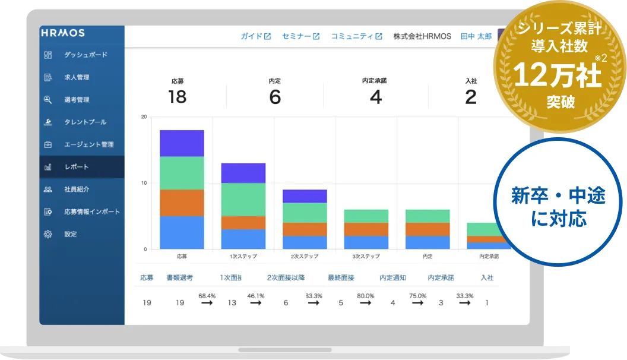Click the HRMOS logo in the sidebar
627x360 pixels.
click(63, 33)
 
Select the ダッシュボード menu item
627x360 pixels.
click(85, 55)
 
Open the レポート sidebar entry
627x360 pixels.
click(77, 167)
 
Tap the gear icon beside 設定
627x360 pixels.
click(48, 234)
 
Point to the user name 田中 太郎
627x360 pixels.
click(476, 36)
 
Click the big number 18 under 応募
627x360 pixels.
click(177, 97)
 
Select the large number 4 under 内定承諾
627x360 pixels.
click(375, 97)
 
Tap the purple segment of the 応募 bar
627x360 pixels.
click(182, 143)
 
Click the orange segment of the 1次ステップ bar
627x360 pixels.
click(243, 223)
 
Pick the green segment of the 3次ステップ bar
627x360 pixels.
click(366, 216)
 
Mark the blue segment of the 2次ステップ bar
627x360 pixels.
click(305, 242)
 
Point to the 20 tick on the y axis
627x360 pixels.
click(144, 117)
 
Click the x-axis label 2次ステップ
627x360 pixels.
click(305, 256)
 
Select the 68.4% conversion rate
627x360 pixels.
click(207, 296)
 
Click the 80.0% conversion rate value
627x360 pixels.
click(366, 296)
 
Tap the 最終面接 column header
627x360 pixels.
click(341, 277)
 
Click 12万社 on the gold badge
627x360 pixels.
click(558, 75)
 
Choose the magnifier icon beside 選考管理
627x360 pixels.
click(48, 100)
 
